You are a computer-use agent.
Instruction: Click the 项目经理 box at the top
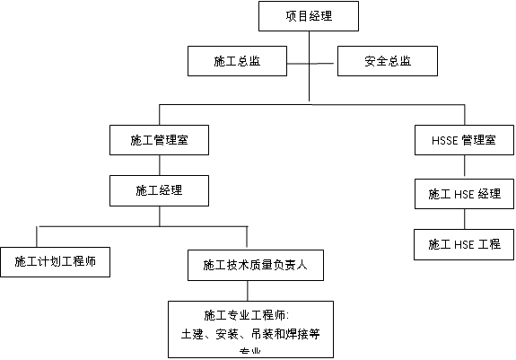pos(309,15)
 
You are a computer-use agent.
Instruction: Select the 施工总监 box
pos(237,62)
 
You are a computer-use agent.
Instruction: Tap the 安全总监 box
pos(388,62)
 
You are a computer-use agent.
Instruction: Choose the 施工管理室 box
pos(159,140)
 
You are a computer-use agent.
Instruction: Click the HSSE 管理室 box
pos(464,140)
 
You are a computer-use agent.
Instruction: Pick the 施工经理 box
pos(159,190)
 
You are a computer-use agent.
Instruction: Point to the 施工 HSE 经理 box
pos(464,194)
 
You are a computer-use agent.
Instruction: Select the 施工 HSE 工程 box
pos(464,244)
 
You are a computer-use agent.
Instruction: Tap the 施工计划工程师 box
pos(55,262)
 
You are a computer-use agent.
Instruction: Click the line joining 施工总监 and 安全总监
pos(311,63)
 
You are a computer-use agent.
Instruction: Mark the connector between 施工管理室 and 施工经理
pos(160,164)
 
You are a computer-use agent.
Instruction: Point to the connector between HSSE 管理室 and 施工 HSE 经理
pos(464,167)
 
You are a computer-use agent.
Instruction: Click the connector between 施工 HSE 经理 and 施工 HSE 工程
pos(464,218)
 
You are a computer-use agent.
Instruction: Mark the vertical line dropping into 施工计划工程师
pos(36,234)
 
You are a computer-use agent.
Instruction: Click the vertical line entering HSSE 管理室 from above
pos(464,115)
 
